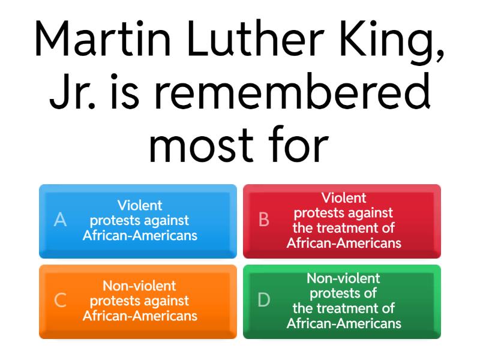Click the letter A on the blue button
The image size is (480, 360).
pyautogui.click(x=60, y=220)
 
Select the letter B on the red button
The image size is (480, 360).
pyautogui.click(x=264, y=220)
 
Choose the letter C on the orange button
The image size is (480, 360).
pyautogui.click(x=60, y=301)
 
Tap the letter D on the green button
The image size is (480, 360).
pyautogui.click(x=264, y=301)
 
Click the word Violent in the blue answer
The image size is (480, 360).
pyautogui.click(x=140, y=205)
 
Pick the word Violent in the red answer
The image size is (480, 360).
pyautogui.click(x=344, y=197)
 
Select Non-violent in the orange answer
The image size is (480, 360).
pyautogui.click(x=140, y=286)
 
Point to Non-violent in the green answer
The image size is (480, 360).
pyautogui.click(x=344, y=278)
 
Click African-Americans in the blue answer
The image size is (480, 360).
pyautogui.click(x=140, y=235)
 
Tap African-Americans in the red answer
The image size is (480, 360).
pyautogui.click(x=344, y=243)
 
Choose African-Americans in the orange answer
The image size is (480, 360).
pyautogui.click(x=140, y=316)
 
